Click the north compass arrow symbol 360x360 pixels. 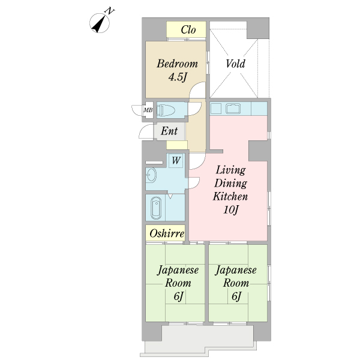(100, 23)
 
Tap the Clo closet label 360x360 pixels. (188, 29)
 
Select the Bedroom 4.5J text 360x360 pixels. (177, 70)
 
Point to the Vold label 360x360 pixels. (235, 64)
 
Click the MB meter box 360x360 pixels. (148, 110)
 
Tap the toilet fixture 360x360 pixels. (166, 110)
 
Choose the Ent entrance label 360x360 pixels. (169, 131)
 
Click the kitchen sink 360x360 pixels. (233, 109)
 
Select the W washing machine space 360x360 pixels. (176, 160)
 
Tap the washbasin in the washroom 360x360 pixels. (151, 175)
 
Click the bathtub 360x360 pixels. (156, 208)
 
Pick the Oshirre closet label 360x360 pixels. (167, 234)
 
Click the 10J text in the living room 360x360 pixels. (231, 210)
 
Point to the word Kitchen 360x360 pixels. (230, 197)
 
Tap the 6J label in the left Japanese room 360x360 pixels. (178, 296)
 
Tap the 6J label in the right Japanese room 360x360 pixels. (236, 296)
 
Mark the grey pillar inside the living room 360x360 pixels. (258, 151)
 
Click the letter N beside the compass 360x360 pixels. (110, 11)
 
